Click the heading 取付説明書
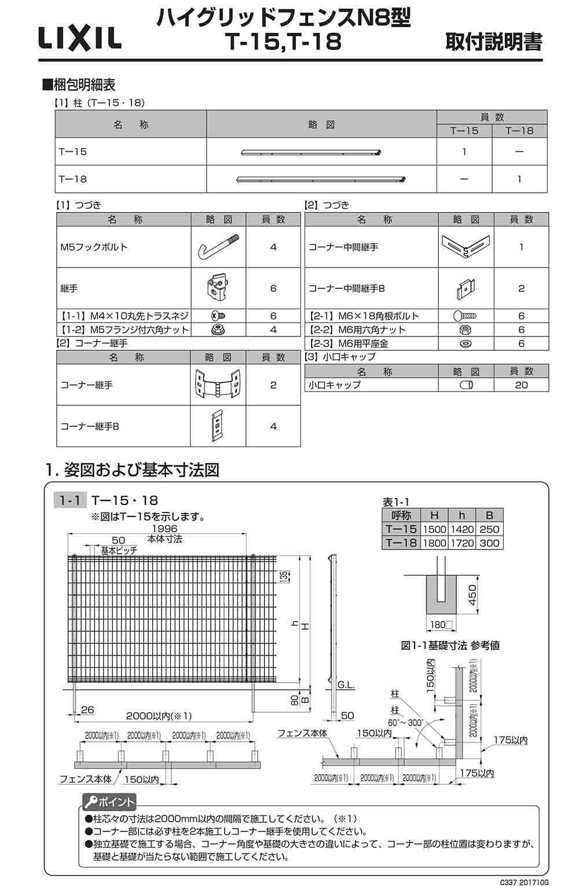[493, 42]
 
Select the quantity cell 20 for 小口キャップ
[521, 385]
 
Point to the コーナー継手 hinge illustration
[218, 385]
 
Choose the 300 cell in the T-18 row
[489, 543]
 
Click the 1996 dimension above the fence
[164, 529]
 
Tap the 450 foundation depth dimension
[472, 595]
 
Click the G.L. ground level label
[346, 685]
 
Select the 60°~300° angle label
[406, 723]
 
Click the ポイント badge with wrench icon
[109, 803]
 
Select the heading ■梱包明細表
[79, 85]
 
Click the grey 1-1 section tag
[69, 500]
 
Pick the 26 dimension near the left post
[87, 710]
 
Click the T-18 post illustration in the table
[320, 179]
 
